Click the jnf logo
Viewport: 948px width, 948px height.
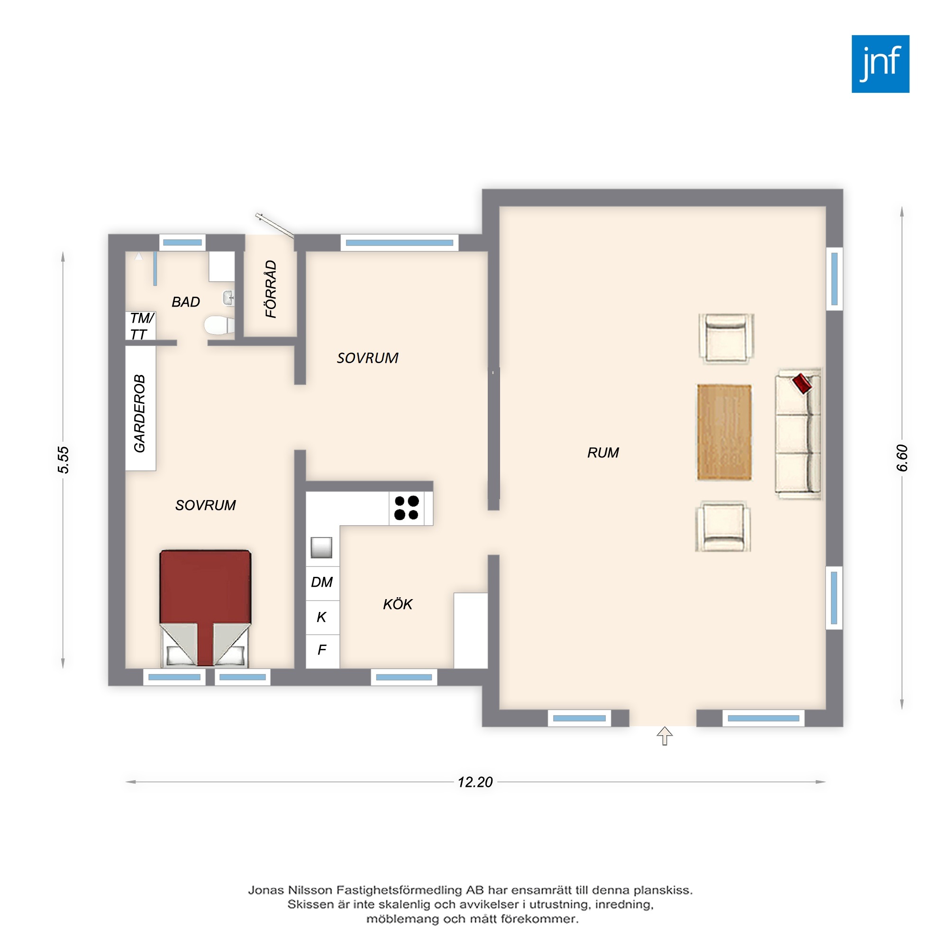(x=880, y=64)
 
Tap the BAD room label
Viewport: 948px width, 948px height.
(x=185, y=302)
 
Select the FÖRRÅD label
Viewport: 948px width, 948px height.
(x=271, y=289)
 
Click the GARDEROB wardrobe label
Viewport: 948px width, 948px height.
(x=140, y=413)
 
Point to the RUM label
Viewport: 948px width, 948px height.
(x=603, y=452)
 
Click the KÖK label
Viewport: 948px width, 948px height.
(x=398, y=603)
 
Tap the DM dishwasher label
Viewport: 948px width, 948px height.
(x=322, y=582)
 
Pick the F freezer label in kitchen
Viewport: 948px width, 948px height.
(x=322, y=650)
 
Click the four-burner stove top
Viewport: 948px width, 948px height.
(x=407, y=508)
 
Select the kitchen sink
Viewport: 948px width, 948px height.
(x=321, y=547)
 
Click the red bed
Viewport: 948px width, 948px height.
(x=205, y=608)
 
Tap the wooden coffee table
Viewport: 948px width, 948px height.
(x=724, y=432)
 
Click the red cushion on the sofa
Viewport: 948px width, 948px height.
(x=802, y=383)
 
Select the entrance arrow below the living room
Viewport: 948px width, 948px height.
(x=665, y=736)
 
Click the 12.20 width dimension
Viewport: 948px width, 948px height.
(x=475, y=782)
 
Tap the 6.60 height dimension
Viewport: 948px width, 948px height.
(x=902, y=458)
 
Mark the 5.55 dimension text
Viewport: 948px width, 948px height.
(x=64, y=460)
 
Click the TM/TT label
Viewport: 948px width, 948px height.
(x=142, y=326)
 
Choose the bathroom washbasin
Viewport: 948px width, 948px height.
(x=228, y=297)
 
